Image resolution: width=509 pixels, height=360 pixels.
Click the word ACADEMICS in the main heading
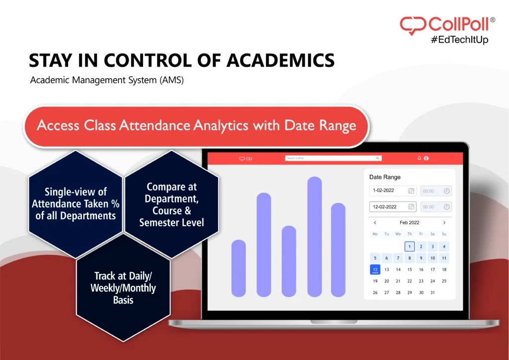click(280, 60)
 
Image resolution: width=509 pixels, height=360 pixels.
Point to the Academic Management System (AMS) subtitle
click(107, 80)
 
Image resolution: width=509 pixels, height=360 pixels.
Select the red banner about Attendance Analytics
click(197, 125)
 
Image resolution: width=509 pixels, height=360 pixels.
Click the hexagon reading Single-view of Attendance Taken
click(76, 204)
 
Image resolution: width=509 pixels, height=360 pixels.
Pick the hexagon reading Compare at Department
click(171, 204)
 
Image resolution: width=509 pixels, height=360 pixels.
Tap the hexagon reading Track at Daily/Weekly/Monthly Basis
click(123, 288)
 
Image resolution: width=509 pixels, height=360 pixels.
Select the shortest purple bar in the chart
click(239, 268)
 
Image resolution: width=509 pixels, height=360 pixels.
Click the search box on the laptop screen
click(333, 158)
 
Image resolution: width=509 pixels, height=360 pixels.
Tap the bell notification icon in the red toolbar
click(419, 158)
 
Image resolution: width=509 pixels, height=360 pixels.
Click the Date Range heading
click(385, 177)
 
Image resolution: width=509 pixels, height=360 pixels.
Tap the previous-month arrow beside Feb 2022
click(375, 223)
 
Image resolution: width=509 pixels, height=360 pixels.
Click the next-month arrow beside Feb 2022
click(444, 223)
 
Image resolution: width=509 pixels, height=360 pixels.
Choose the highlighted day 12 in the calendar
click(375, 270)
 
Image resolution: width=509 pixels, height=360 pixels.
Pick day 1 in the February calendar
click(409, 246)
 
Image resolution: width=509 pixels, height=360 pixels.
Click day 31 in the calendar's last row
click(432, 292)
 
